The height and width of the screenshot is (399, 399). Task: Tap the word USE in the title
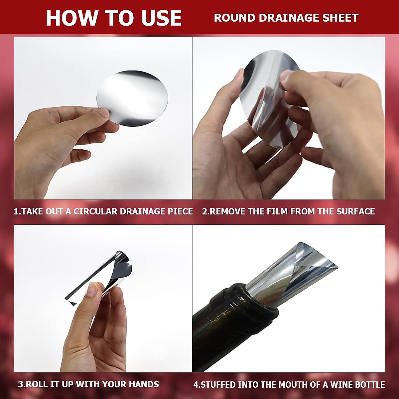pyautogui.click(x=161, y=18)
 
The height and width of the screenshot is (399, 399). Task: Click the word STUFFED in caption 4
pyautogui.click(x=216, y=385)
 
